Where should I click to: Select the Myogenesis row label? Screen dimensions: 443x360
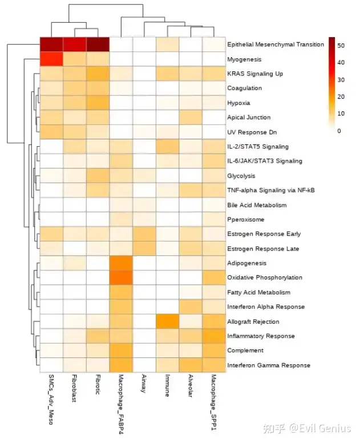pos(244,59)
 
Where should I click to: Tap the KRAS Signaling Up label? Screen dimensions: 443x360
pos(254,74)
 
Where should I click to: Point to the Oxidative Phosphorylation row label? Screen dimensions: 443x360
pos(264,277)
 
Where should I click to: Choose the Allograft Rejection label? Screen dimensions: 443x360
pos(253,321)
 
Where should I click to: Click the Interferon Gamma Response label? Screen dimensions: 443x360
pos(268,365)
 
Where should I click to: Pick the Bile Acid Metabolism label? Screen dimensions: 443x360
pos(256,205)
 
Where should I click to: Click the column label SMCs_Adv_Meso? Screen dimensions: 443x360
pos(51,400)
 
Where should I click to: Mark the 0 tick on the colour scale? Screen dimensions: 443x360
pos(339,131)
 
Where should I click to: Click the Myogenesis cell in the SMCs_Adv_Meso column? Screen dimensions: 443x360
pos(51,59)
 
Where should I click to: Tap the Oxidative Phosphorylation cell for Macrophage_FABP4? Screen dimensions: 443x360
pos(121,277)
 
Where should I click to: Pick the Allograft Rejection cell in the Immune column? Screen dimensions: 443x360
pos(167,321)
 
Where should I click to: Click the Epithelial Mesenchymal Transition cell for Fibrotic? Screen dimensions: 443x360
pos(98,45)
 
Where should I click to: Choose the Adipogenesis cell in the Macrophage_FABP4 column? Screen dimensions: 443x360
pos(121,263)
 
